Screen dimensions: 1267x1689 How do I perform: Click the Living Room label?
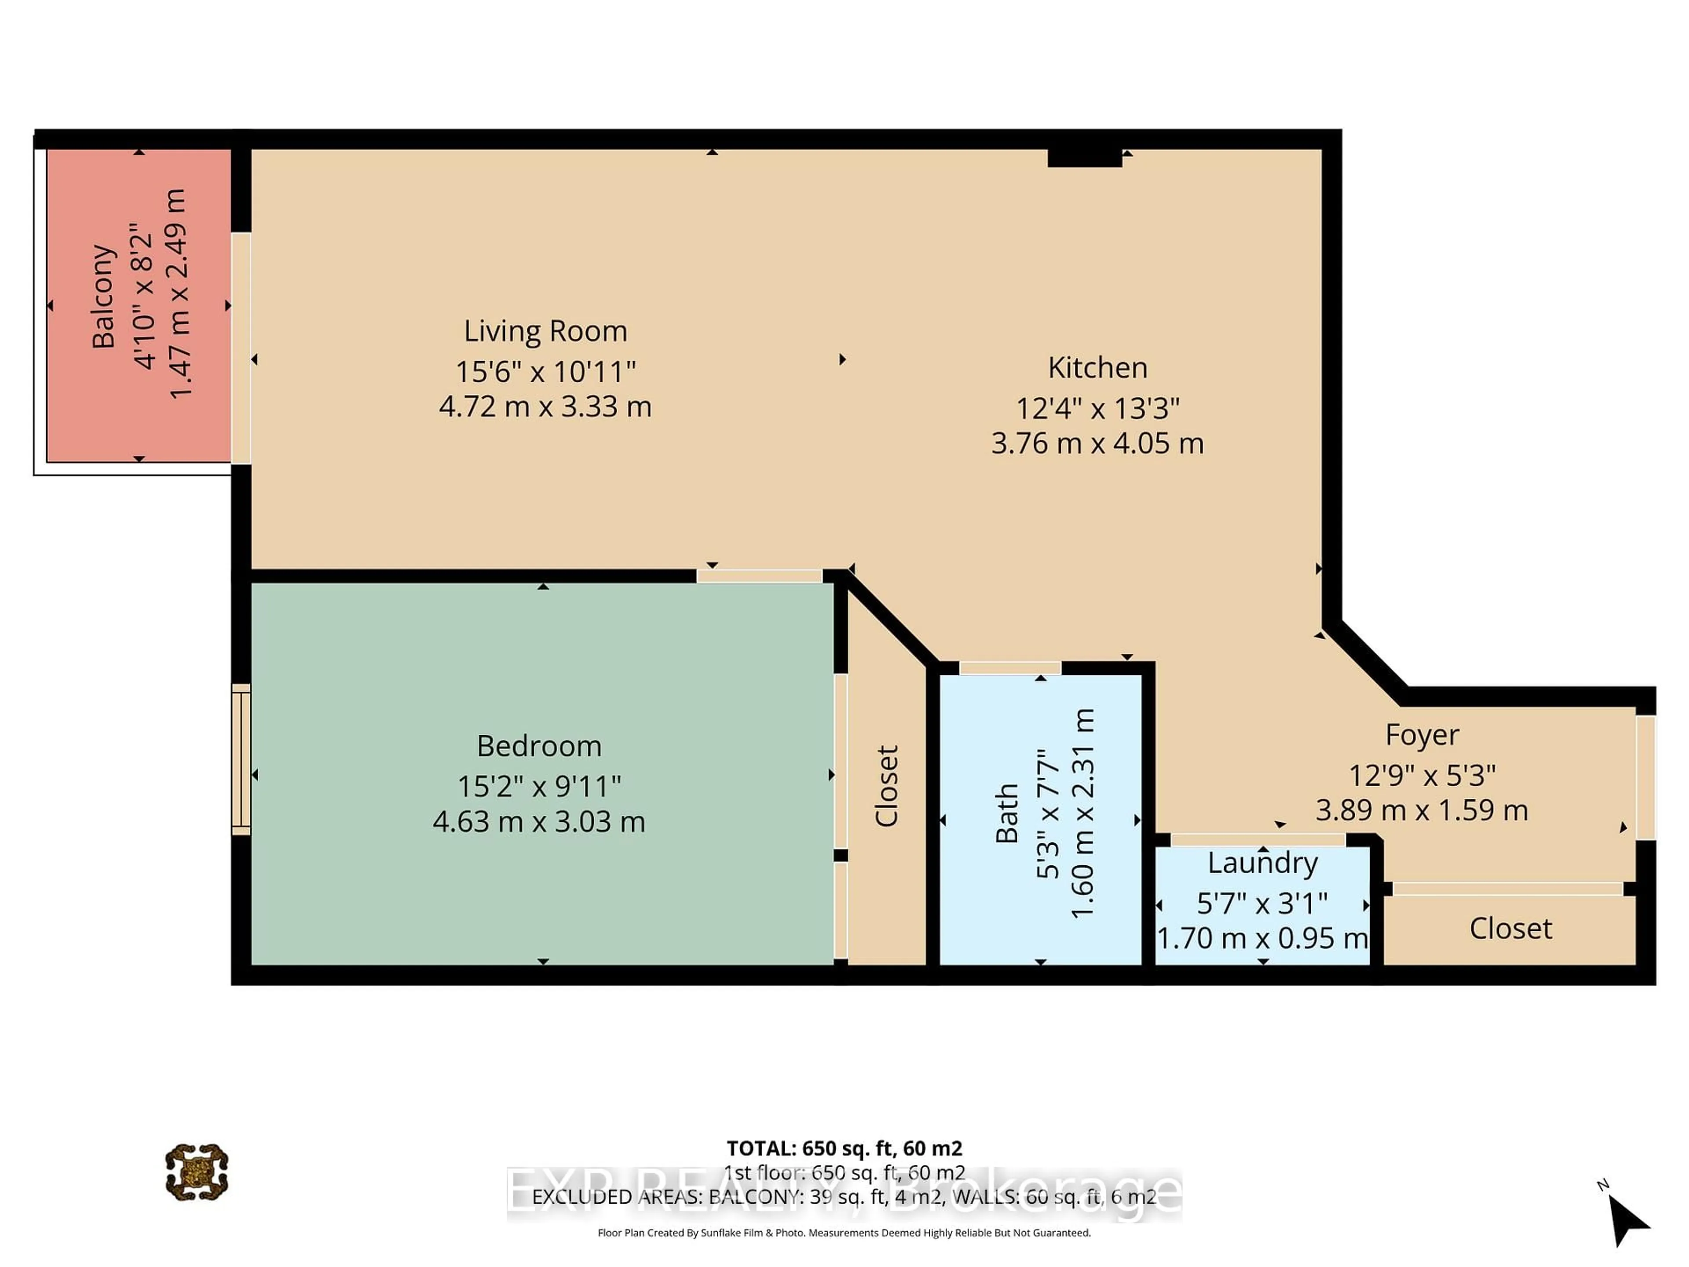pos(545,331)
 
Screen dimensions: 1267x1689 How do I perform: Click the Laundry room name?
pos(1262,863)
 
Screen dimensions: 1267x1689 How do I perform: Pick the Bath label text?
pos(1007,813)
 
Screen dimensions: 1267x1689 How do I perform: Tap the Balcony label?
pos(103,297)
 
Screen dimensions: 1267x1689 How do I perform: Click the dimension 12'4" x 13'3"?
pos(1097,409)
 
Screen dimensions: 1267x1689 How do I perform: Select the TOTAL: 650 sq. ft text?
pos(844,1148)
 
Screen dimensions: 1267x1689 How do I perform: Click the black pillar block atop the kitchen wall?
pos(1084,158)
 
